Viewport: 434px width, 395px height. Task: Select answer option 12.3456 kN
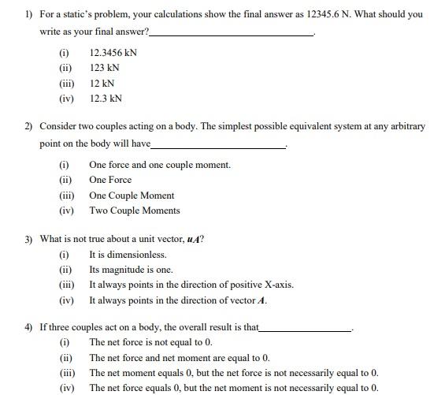click(113, 53)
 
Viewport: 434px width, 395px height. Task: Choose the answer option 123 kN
click(105, 68)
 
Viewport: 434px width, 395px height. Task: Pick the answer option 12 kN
click(102, 83)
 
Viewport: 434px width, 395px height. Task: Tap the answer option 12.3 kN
click(106, 99)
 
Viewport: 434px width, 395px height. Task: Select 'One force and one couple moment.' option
click(160, 165)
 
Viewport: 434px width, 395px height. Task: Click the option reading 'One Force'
click(110, 180)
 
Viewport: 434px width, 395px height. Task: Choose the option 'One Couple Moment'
click(132, 196)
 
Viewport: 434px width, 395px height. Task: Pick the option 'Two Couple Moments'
click(135, 211)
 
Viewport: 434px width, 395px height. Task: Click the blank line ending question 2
click(217, 146)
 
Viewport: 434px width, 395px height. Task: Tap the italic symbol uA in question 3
click(192, 239)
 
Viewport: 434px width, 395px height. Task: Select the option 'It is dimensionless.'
click(128, 255)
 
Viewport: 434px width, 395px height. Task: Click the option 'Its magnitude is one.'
click(131, 270)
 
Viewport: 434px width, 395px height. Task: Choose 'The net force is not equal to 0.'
click(150, 342)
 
